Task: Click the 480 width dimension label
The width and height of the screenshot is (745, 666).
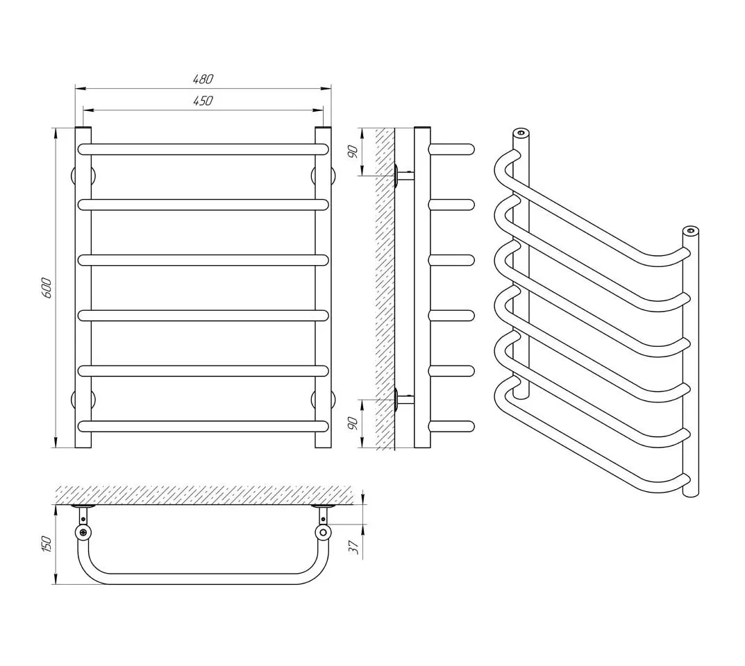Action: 203,79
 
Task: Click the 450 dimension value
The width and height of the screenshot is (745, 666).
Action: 203,101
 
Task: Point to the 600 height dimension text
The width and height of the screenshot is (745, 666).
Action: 46,287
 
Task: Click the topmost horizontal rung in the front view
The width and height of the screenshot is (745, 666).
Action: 203,148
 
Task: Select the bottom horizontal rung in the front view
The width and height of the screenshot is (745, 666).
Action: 203,425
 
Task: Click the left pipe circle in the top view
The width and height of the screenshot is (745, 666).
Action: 83,532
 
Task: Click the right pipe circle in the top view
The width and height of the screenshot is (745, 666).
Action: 322,532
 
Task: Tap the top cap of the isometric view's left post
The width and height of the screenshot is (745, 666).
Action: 521,132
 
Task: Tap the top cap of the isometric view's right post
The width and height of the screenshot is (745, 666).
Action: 689,230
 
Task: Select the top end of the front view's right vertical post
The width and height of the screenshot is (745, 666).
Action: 323,130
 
